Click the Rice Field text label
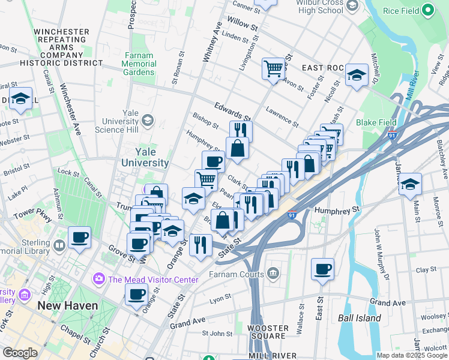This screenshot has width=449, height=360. point(400,10)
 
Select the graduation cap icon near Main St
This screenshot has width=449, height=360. point(410,184)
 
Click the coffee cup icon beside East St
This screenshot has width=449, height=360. point(322,269)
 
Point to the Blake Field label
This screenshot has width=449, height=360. point(376,122)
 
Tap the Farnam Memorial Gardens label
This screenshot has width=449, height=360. point(139,64)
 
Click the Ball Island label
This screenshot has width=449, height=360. point(360,318)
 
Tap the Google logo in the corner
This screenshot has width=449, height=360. point(20,352)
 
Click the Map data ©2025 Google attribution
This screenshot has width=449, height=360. point(411,355)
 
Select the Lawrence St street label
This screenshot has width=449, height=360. point(283,117)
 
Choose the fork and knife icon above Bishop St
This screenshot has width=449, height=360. point(241,131)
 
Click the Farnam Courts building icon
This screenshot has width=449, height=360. point(273,274)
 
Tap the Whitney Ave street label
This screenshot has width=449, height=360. point(212,42)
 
